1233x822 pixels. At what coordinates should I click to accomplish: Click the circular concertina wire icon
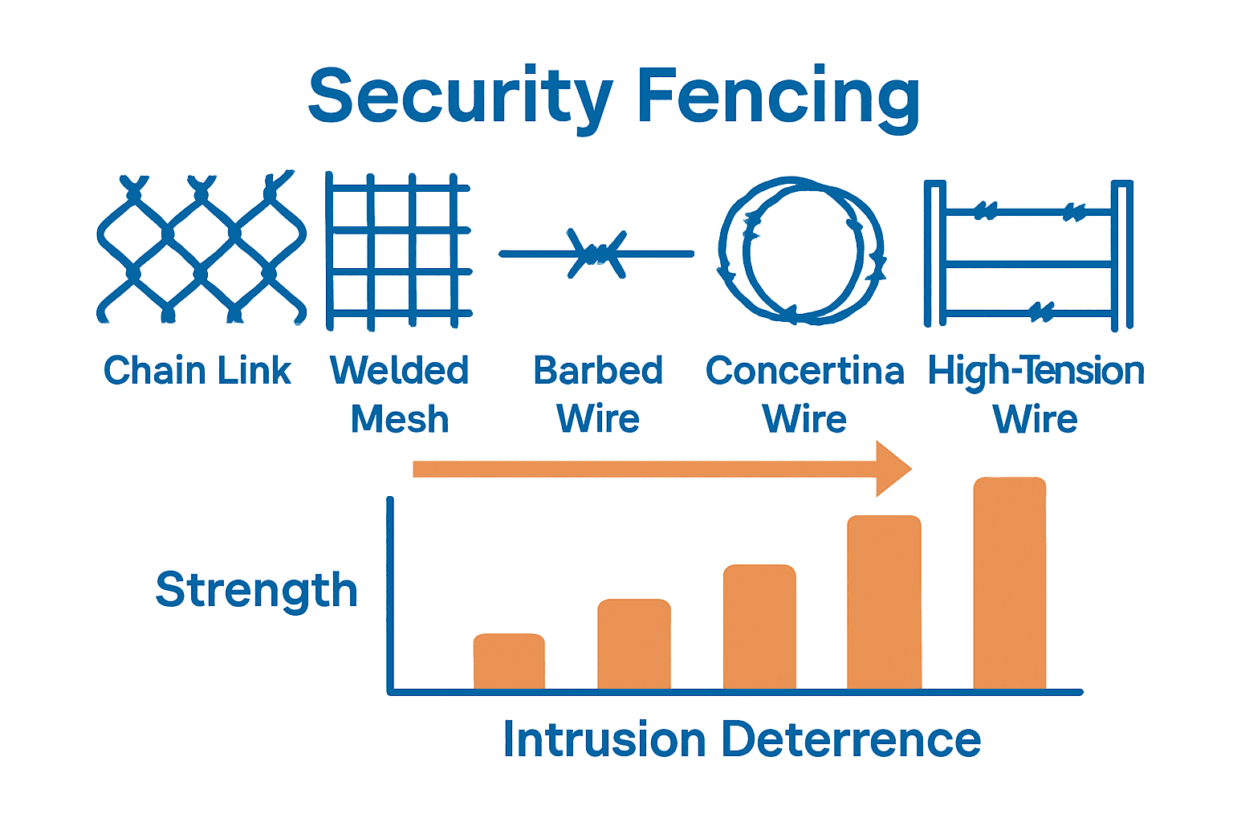(801, 250)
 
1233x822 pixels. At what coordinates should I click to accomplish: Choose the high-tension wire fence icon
(1028, 254)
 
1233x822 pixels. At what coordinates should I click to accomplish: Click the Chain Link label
(197, 371)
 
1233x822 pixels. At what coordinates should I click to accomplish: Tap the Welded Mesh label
(399, 394)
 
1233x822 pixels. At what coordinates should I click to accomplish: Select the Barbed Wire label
(598, 394)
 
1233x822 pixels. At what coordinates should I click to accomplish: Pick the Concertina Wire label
(804, 394)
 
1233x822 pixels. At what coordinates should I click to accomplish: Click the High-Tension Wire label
(1036, 394)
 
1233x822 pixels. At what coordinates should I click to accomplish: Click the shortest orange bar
(509, 661)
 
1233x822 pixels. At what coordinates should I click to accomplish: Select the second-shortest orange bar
(634, 644)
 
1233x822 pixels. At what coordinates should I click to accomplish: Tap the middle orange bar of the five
(759, 627)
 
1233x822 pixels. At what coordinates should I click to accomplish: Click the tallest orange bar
(1010, 584)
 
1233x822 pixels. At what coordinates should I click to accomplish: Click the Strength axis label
(256, 591)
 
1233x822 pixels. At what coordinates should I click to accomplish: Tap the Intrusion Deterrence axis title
(742, 739)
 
